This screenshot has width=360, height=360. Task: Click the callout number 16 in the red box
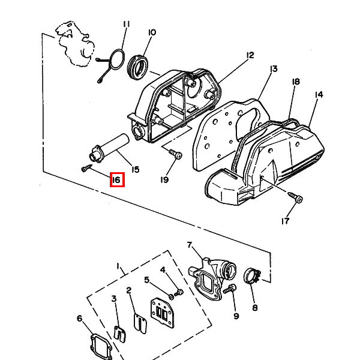tap(116, 179)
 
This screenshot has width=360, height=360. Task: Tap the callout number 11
tap(126, 25)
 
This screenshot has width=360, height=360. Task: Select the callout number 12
tap(250, 55)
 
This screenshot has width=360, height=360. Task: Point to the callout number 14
tap(319, 95)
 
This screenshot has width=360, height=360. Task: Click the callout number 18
tap(296, 82)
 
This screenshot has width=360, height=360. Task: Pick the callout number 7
tap(189, 245)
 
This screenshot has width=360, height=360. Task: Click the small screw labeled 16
tap(87, 168)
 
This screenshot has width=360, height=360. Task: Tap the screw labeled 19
tap(176, 154)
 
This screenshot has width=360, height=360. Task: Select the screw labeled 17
tap(295, 197)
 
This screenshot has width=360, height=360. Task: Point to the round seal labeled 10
tap(138, 66)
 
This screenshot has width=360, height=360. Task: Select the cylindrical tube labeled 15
tap(109, 148)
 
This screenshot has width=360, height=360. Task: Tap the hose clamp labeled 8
tap(251, 276)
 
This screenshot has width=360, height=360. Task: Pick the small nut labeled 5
tap(171, 297)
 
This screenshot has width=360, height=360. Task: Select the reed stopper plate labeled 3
tap(119, 334)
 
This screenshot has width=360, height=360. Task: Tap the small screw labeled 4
tap(179, 293)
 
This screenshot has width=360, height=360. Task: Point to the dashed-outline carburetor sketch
tap(74, 44)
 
